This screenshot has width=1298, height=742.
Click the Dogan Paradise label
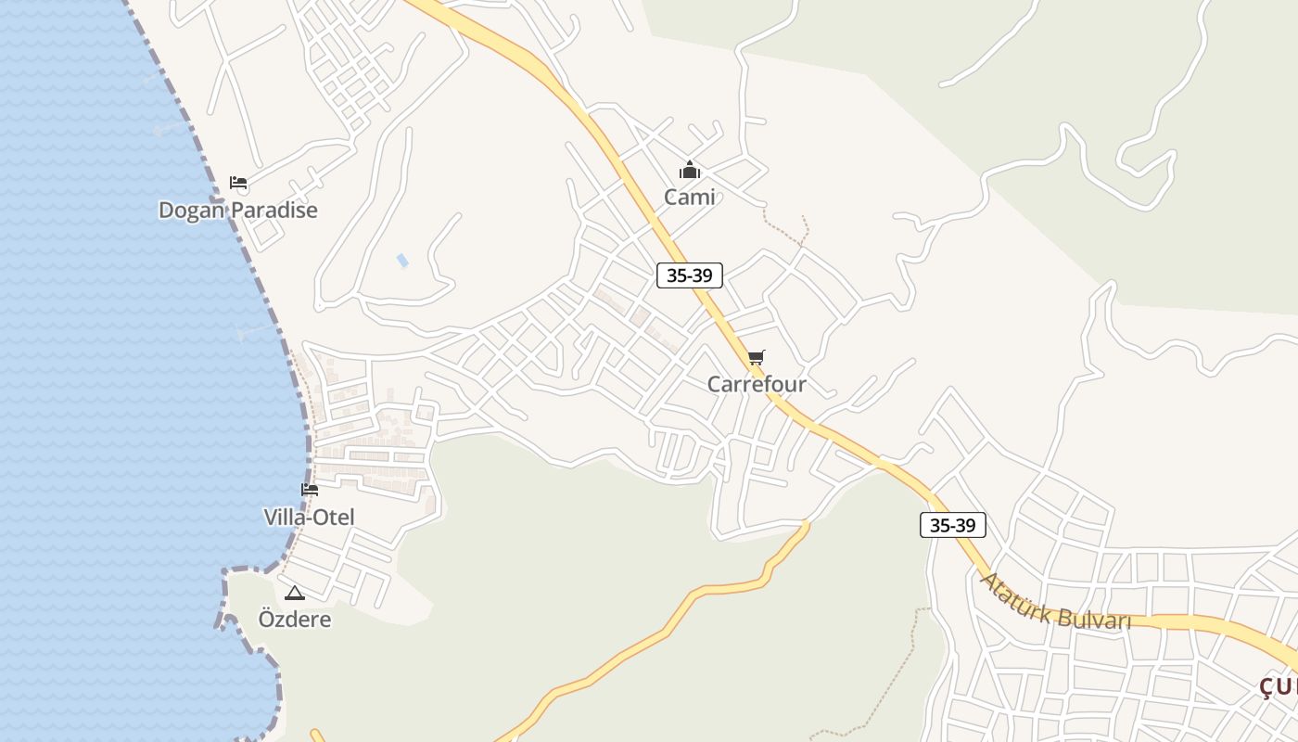click(237, 211)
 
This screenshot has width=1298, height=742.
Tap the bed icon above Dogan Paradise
click(238, 183)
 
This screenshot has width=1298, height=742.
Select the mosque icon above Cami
click(689, 171)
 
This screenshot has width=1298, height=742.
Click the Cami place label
click(689, 197)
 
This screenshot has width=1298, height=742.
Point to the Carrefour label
click(757, 384)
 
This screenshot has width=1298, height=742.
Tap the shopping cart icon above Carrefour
click(757, 357)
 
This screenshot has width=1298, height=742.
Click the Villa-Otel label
click(309, 518)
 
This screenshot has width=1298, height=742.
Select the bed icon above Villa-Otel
click(310, 490)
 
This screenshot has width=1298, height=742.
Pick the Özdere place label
click(294, 620)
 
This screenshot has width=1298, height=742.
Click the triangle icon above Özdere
click(295, 594)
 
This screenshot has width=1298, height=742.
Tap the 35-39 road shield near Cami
click(689, 275)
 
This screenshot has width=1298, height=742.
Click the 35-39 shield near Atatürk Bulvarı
click(952, 525)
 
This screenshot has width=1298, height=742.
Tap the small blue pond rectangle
click(402, 261)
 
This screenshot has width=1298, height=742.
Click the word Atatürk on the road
click(1015, 592)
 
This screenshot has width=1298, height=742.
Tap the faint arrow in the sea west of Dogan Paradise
click(167, 128)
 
